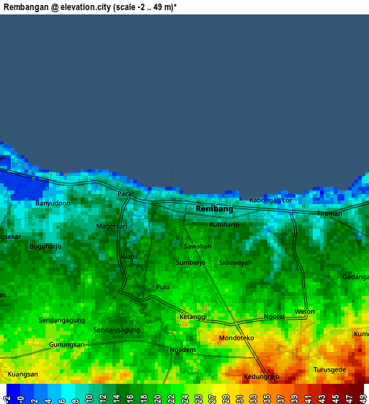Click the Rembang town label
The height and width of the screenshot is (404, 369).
pos(215,208)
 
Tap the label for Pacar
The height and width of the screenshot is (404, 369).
pos(126,193)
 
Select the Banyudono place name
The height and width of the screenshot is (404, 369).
pos(53,203)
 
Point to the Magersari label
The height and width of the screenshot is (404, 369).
pos(112,226)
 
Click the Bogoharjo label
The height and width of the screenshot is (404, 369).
pos(45,246)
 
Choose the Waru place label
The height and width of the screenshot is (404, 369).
pos(128,256)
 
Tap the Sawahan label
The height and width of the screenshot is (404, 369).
pos(197,246)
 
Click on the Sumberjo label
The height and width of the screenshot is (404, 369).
pos(191,263)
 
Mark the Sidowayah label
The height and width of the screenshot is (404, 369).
pos(236,263)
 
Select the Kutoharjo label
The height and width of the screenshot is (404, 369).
pos(223,224)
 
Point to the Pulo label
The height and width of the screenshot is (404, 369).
pos(163,287)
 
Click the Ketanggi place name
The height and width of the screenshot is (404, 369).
pos(192,317)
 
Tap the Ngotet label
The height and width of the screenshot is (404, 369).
pos(275,316)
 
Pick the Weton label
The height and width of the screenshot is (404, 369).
pos(305,312)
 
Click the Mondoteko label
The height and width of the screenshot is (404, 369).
pos(236,337)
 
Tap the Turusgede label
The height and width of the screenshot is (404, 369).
pos(329,369)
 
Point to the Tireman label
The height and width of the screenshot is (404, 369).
pos(329,214)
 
